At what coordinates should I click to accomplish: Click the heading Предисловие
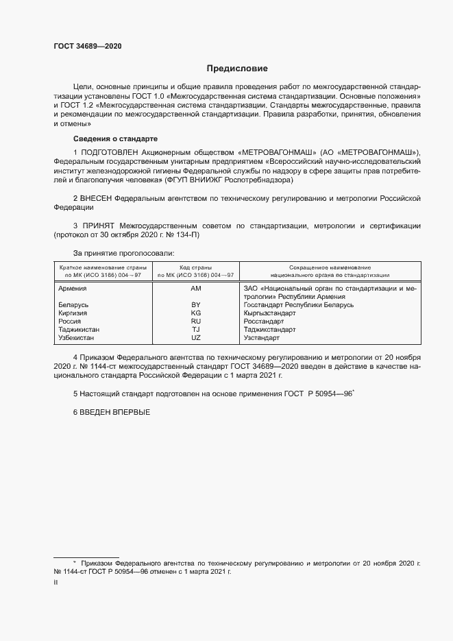(x=237, y=69)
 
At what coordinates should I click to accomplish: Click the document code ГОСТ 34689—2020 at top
(x=89, y=46)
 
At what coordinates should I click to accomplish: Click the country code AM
(x=195, y=289)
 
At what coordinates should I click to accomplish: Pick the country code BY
(x=195, y=304)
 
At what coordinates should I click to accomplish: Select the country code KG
(x=195, y=313)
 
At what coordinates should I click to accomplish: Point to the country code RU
(x=195, y=321)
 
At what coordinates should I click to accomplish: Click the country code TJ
(x=195, y=330)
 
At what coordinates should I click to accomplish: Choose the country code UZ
(x=195, y=338)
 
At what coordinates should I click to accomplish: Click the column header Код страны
(x=195, y=267)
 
